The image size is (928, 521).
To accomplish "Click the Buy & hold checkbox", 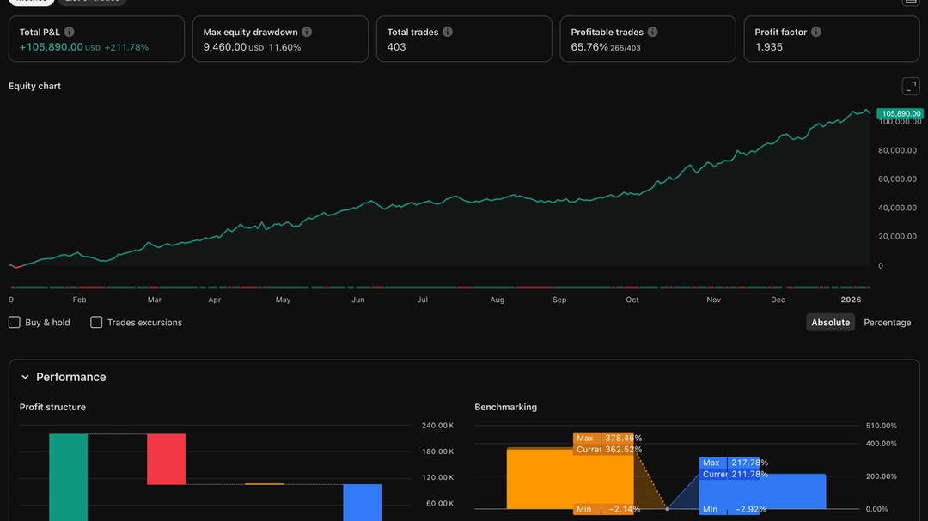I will [15, 323].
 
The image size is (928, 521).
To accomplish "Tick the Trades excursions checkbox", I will [96, 323].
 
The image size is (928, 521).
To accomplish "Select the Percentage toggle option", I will [887, 323].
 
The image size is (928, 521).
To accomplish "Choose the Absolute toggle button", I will [830, 323].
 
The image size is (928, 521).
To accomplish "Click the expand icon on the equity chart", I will [910, 87].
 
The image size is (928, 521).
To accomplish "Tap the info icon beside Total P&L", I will [70, 32].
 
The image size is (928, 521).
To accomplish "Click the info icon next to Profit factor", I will [815, 32].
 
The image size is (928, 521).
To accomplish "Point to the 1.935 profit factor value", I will [769, 47].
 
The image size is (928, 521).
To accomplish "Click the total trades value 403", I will [396, 47].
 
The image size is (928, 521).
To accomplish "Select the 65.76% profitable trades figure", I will [589, 47].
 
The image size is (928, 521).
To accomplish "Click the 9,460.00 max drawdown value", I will [224, 47].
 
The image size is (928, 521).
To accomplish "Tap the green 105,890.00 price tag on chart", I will [901, 113].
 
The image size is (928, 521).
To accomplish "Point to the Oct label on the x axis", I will [632, 300].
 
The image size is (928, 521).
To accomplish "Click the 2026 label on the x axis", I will [850, 300].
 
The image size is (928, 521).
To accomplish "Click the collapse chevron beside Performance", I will [25, 377].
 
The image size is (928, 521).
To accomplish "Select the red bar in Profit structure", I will [166, 459].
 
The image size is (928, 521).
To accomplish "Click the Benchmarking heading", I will [505, 407].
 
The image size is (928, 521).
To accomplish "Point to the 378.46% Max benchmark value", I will [623, 438].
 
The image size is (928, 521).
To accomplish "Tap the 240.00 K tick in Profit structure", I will [437, 426].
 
